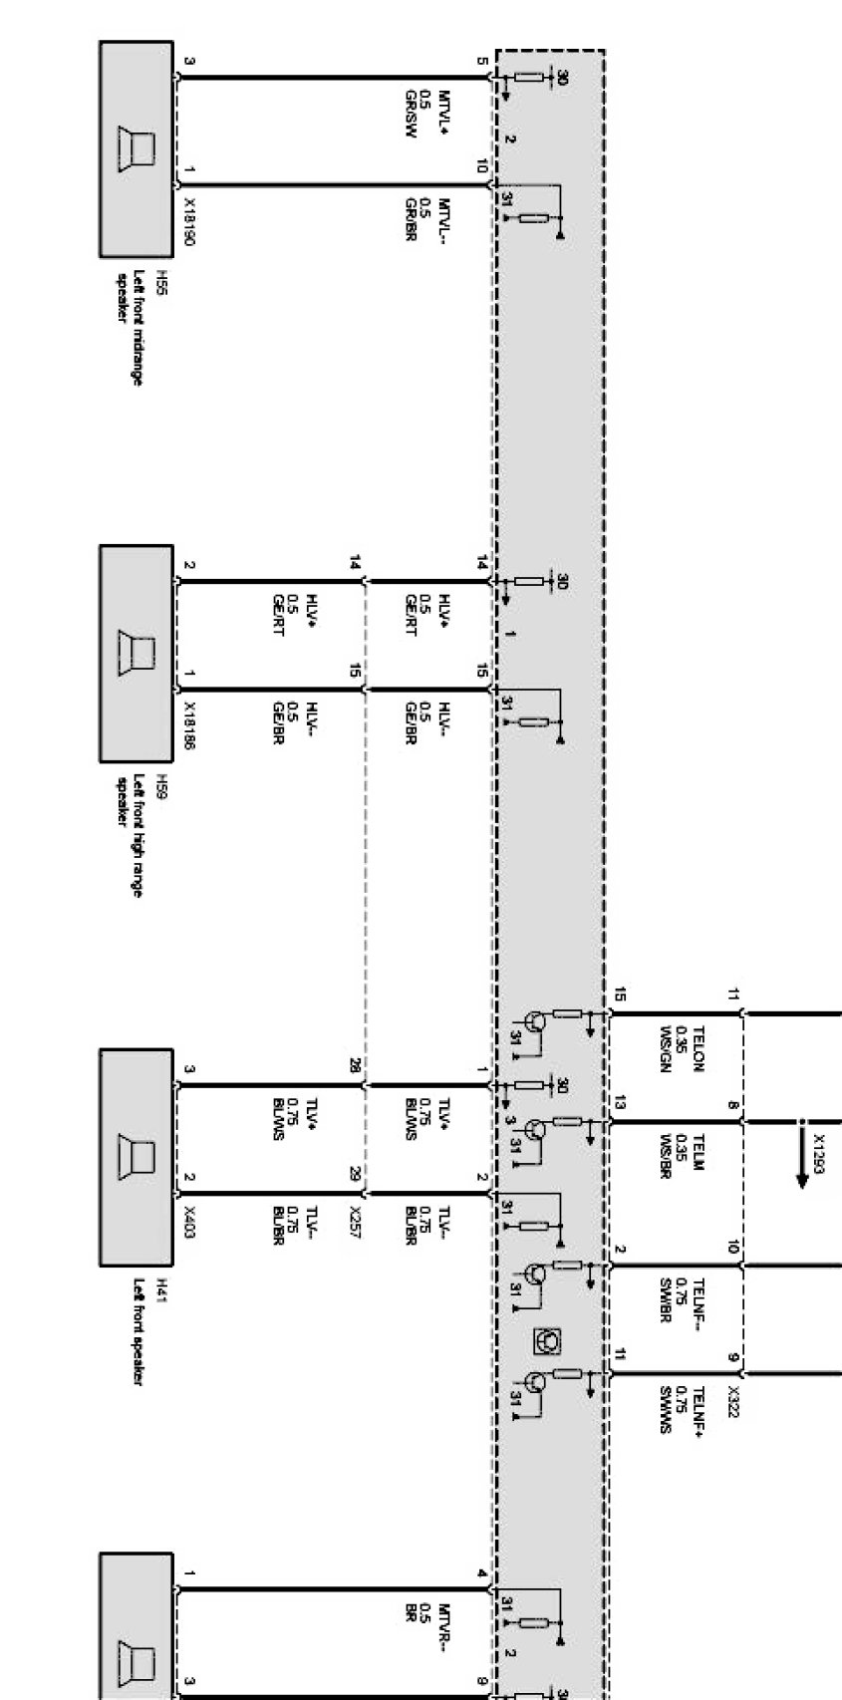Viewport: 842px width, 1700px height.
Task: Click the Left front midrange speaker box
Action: point(136,148)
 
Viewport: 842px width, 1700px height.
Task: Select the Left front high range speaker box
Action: point(136,653)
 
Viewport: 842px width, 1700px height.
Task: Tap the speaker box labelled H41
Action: point(136,1157)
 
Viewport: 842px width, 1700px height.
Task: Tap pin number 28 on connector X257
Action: point(355,1067)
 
